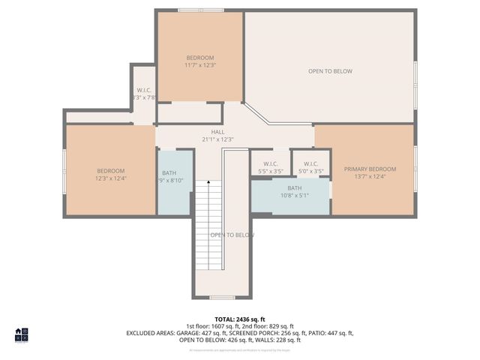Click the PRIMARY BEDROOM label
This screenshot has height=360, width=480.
[x=370, y=169]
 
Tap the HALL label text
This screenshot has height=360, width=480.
[x=217, y=132]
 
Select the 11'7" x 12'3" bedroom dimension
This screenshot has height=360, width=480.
[x=199, y=65]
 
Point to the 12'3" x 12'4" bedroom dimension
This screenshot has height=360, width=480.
[x=110, y=178]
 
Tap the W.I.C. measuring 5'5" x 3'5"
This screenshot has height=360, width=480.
[x=270, y=168]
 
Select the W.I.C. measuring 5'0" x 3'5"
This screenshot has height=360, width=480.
[x=310, y=168]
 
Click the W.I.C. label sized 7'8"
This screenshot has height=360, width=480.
[x=144, y=94]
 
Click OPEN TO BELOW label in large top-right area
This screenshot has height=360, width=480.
[x=330, y=71]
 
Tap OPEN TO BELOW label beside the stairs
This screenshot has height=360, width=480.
[x=232, y=235]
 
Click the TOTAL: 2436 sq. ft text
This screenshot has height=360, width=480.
[x=239, y=319]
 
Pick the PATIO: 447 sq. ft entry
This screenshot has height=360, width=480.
[x=329, y=333]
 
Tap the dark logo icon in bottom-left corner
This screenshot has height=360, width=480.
[x=21, y=334]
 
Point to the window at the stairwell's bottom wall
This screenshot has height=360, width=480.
[x=220, y=298]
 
